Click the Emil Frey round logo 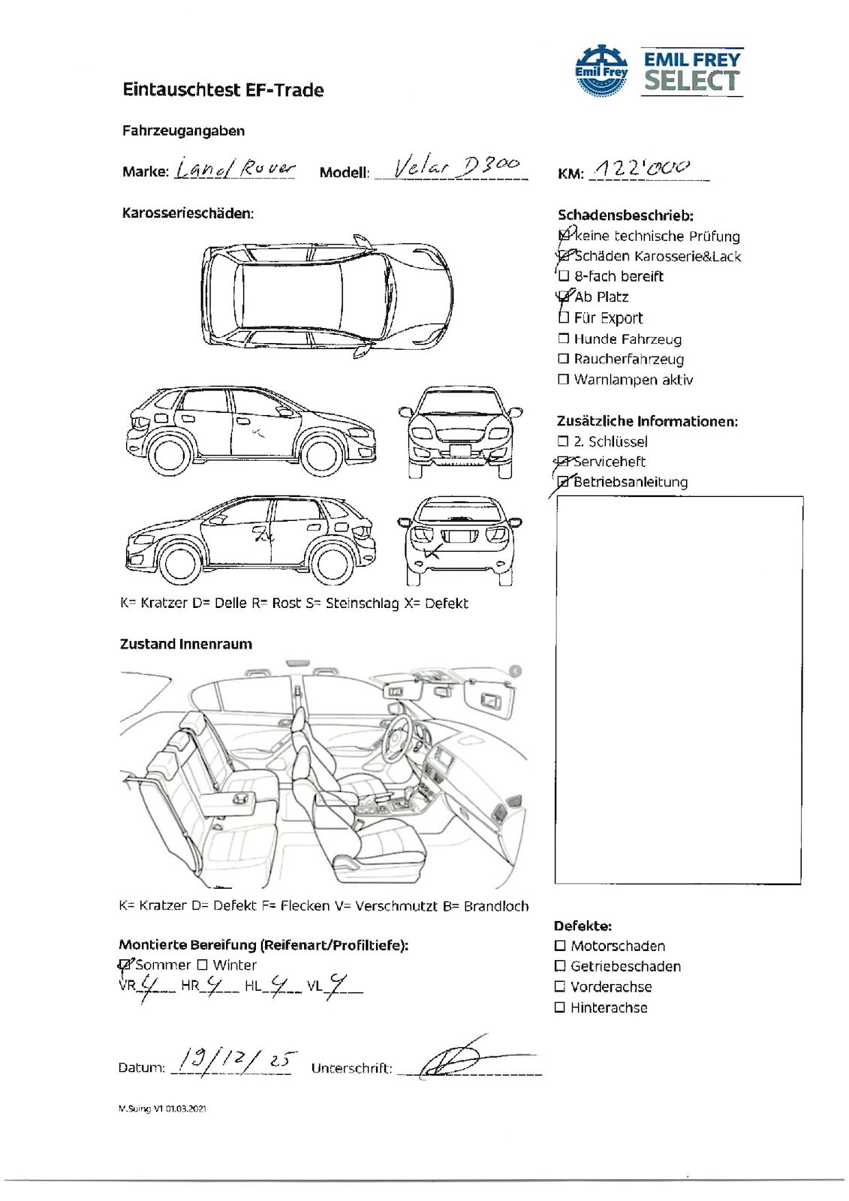601,70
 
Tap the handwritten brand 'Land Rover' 235,169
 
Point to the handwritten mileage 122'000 641,168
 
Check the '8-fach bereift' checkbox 564,276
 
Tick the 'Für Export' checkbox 564,318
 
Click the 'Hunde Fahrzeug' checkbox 564,339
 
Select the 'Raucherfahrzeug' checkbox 564,359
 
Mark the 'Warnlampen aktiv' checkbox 564,379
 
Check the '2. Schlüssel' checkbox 563,441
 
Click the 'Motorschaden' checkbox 560,946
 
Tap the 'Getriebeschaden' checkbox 560,966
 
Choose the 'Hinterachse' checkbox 560,1007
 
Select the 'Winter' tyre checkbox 202,965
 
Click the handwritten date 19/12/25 233,1061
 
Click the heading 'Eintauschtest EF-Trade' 223,90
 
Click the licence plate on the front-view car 459,450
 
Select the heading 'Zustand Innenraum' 186,644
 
